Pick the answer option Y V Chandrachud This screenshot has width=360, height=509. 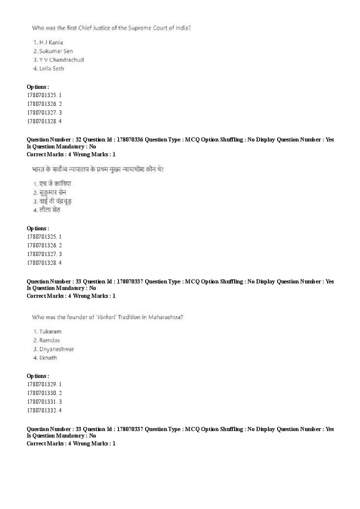[61, 60]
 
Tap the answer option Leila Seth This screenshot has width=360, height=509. [51, 68]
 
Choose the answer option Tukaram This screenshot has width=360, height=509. [50, 331]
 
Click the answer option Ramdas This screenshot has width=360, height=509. [49, 340]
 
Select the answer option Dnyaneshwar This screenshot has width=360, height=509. [56, 349]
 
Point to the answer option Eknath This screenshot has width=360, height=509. [48, 357]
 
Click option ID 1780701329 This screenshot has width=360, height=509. [41, 384]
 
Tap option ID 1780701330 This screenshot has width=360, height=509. [41, 393]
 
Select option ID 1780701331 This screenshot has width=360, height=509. [41, 401]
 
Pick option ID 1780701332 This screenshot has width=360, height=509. [41, 410]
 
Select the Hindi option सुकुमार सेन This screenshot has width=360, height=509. [53, 192]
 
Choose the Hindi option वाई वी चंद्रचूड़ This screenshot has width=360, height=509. [55, 201]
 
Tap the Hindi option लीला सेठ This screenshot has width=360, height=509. [50, 210]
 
